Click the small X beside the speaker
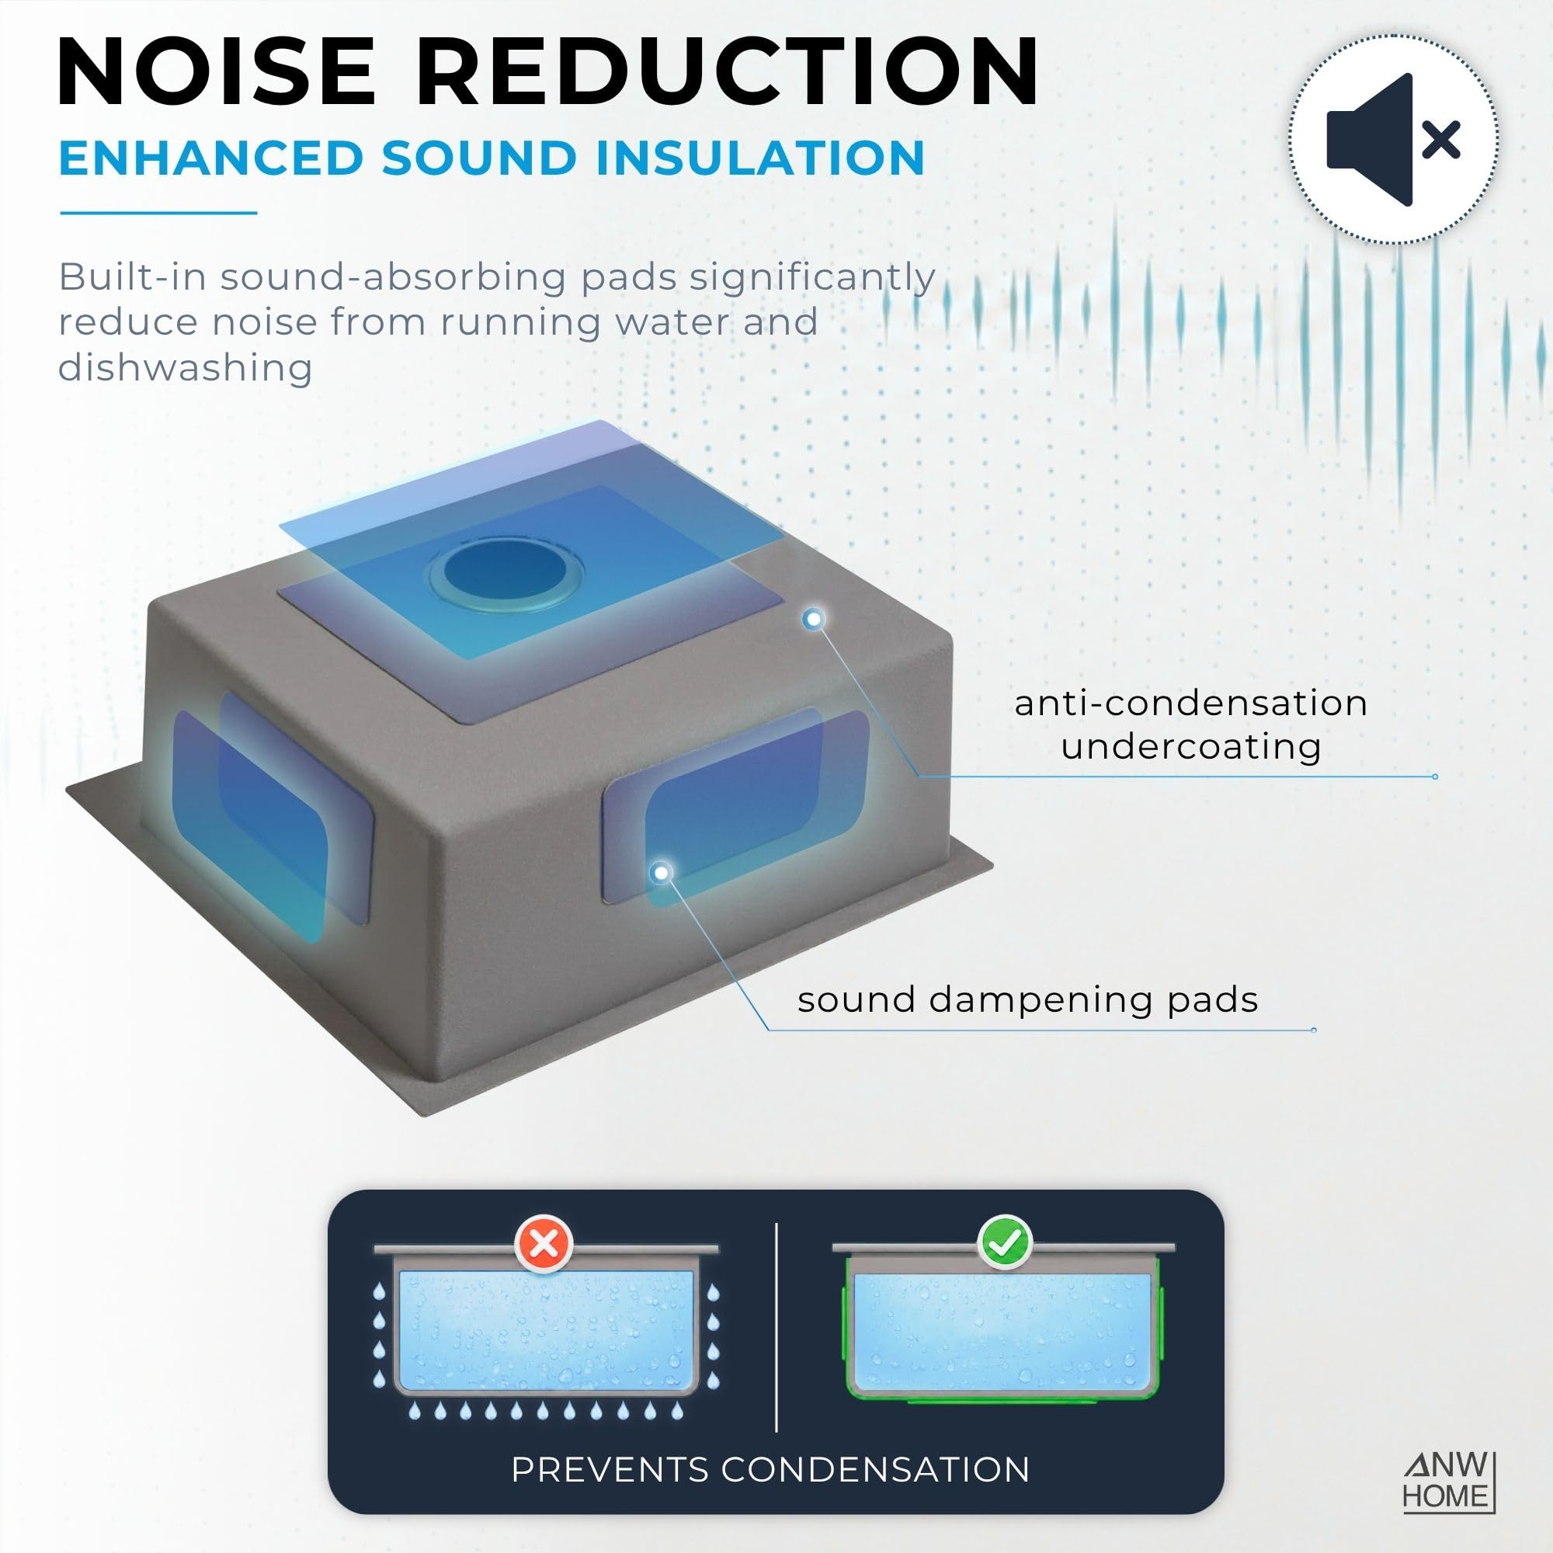click(x=1441, y=142)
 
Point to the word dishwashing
click(x=185, y=367)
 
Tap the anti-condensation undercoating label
click(x=1190, y=724)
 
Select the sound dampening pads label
click(x=1027, y=1001)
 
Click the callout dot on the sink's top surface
click(x=814, y=619)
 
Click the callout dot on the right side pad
click(x=662, y=872)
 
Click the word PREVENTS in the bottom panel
click(x=610, y=1469)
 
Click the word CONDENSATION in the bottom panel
click(x=874, y=1469)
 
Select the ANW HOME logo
click(x=1447, y=1492)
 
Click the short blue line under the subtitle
click(x=158, y=213)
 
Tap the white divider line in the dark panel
click(x=776, y=1326)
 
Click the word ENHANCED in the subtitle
click(x=211, y=158)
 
